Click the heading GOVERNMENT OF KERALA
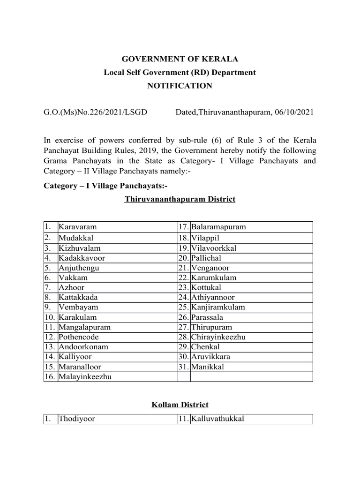(x=180, y=59)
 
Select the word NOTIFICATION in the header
(x=180, y=86)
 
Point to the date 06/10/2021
(x=294, y=112)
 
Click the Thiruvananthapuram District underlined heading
(x=180, y=199)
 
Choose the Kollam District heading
(x=180, y=405)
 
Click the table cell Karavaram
(x=78, y=227)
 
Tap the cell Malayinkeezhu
(x=85, y=377)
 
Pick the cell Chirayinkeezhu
(x=218, y=337)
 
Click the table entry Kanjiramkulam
(x=218, y=307)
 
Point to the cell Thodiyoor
(x=77, y=419)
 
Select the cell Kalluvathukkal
(x=218, y=419)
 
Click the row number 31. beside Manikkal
(x=183, y=367)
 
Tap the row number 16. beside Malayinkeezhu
(x=50, y=377)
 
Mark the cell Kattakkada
(x=78, y=297)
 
